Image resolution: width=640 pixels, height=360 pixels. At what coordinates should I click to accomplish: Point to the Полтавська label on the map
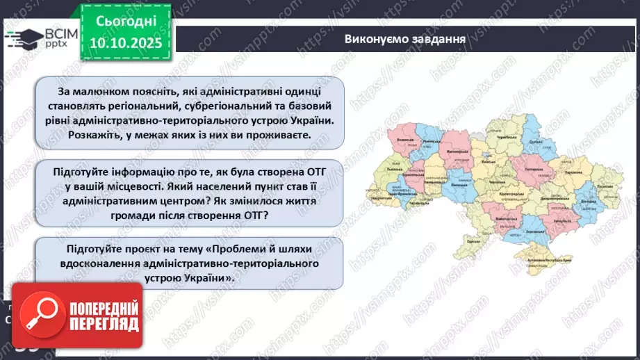point(533,169)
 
